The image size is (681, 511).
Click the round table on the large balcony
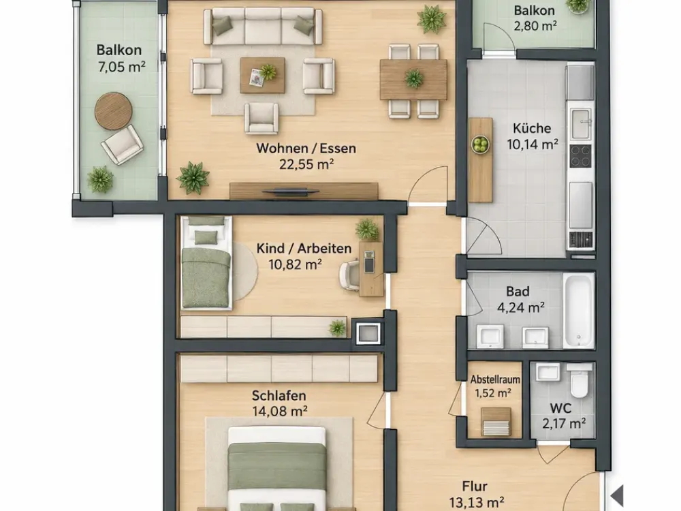click(113, 111)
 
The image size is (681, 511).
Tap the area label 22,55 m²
click(306, 164)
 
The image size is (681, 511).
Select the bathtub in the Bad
click(578, 310)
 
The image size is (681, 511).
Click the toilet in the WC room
click(580, 380)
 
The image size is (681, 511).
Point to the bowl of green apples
click(480, 144)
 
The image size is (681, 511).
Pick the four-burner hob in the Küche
click(581, 156)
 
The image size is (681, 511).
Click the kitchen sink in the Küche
click(581, 124)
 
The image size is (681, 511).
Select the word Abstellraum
click(495, 380)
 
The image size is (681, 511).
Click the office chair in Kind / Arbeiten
click(349, 275)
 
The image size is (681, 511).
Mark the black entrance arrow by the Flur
click(617, 495)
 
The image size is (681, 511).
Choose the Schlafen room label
click(279, 395)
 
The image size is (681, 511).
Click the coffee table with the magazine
click(262, 75)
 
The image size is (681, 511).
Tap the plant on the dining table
click(413, 78)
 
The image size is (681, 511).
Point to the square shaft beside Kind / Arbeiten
click(368, 333)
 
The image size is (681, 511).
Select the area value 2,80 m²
click(535, 26)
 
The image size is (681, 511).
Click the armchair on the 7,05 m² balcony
click(122, 145)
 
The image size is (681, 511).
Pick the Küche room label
click(532, 128)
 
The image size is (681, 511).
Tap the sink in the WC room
click(548, 372)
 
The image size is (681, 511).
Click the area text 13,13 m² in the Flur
click(477, 503)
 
